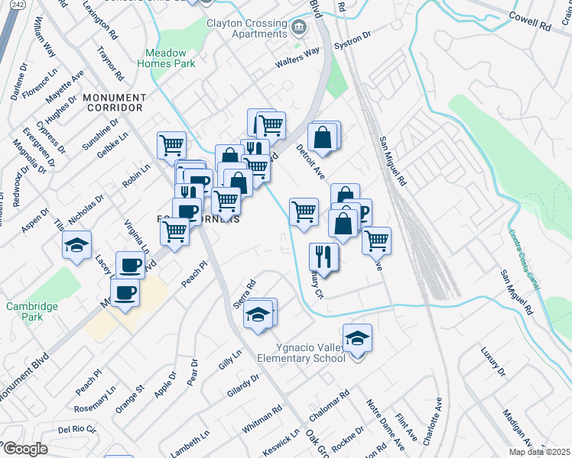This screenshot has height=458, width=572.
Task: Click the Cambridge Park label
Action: [x=33, y=311]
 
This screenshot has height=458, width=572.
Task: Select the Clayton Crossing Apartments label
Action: [x=245, y=28]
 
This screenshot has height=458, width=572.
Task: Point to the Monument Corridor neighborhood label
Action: [x=113, y=103]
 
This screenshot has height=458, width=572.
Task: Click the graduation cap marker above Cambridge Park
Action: [x=76, y=246]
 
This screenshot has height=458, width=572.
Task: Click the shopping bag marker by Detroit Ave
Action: [x=324, y=137]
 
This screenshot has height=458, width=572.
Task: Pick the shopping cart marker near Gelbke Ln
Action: [x=172, y=145]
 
